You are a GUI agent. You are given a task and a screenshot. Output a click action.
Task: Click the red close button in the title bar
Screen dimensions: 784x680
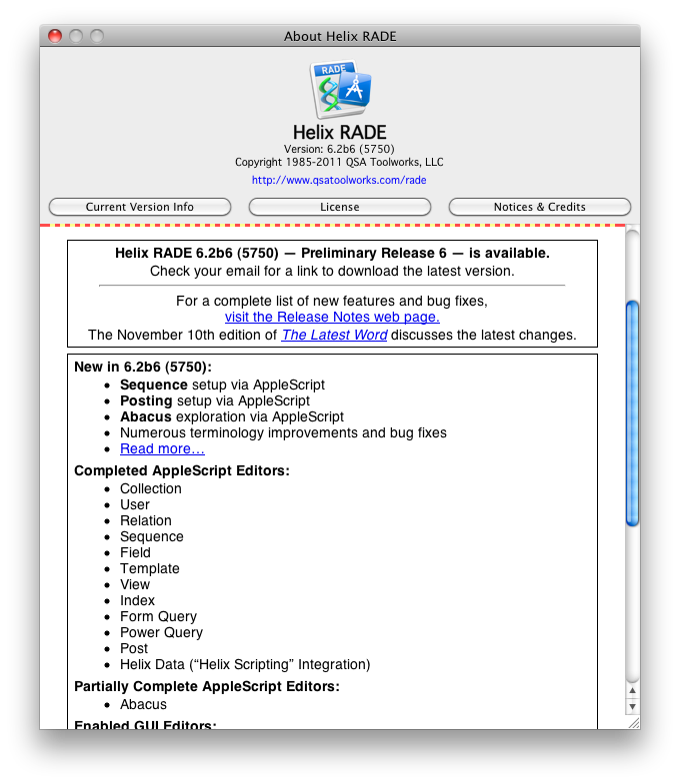click(x=55, y=36)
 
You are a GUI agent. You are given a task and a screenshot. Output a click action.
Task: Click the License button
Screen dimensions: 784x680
click(x=339, y=207)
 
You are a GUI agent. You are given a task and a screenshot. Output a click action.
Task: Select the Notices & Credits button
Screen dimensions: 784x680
click(x=539, y=207)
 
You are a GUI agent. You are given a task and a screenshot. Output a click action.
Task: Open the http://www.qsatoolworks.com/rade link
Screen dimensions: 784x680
click(x=339, y=181)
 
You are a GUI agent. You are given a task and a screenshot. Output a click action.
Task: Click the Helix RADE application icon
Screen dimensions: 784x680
click(x=340, y=90)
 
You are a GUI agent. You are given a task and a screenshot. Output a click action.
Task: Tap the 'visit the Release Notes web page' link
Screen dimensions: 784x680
click(x=332, y=317)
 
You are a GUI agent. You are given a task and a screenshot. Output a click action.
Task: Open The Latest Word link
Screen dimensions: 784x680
click(x=334, y=335)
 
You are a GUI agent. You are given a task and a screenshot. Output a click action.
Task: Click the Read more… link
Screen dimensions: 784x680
click(x=162, y=448)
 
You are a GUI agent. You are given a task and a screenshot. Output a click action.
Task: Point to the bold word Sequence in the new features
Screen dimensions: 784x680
click(x=154, y=385)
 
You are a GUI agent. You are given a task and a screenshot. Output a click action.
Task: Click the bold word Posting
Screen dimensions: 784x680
click(x=146, y=400)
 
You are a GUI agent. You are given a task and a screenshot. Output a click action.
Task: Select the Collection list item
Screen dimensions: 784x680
click(x=151, y=488)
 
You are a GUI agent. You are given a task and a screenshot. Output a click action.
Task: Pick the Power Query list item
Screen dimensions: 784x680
click(x=161, y=632)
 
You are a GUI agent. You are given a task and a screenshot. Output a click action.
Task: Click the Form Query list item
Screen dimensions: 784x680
click(x=158, y=616)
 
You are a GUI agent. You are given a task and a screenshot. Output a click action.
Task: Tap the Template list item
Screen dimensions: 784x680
click(x=150, y=568)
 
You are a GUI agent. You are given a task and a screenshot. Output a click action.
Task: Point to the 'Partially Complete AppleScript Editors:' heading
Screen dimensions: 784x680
click(x=207, y=686)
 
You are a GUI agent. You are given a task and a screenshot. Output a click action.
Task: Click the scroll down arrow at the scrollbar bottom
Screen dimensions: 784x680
click(x=631, y=706)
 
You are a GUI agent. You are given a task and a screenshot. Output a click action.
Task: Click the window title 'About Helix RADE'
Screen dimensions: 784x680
click(x=340, y=36)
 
